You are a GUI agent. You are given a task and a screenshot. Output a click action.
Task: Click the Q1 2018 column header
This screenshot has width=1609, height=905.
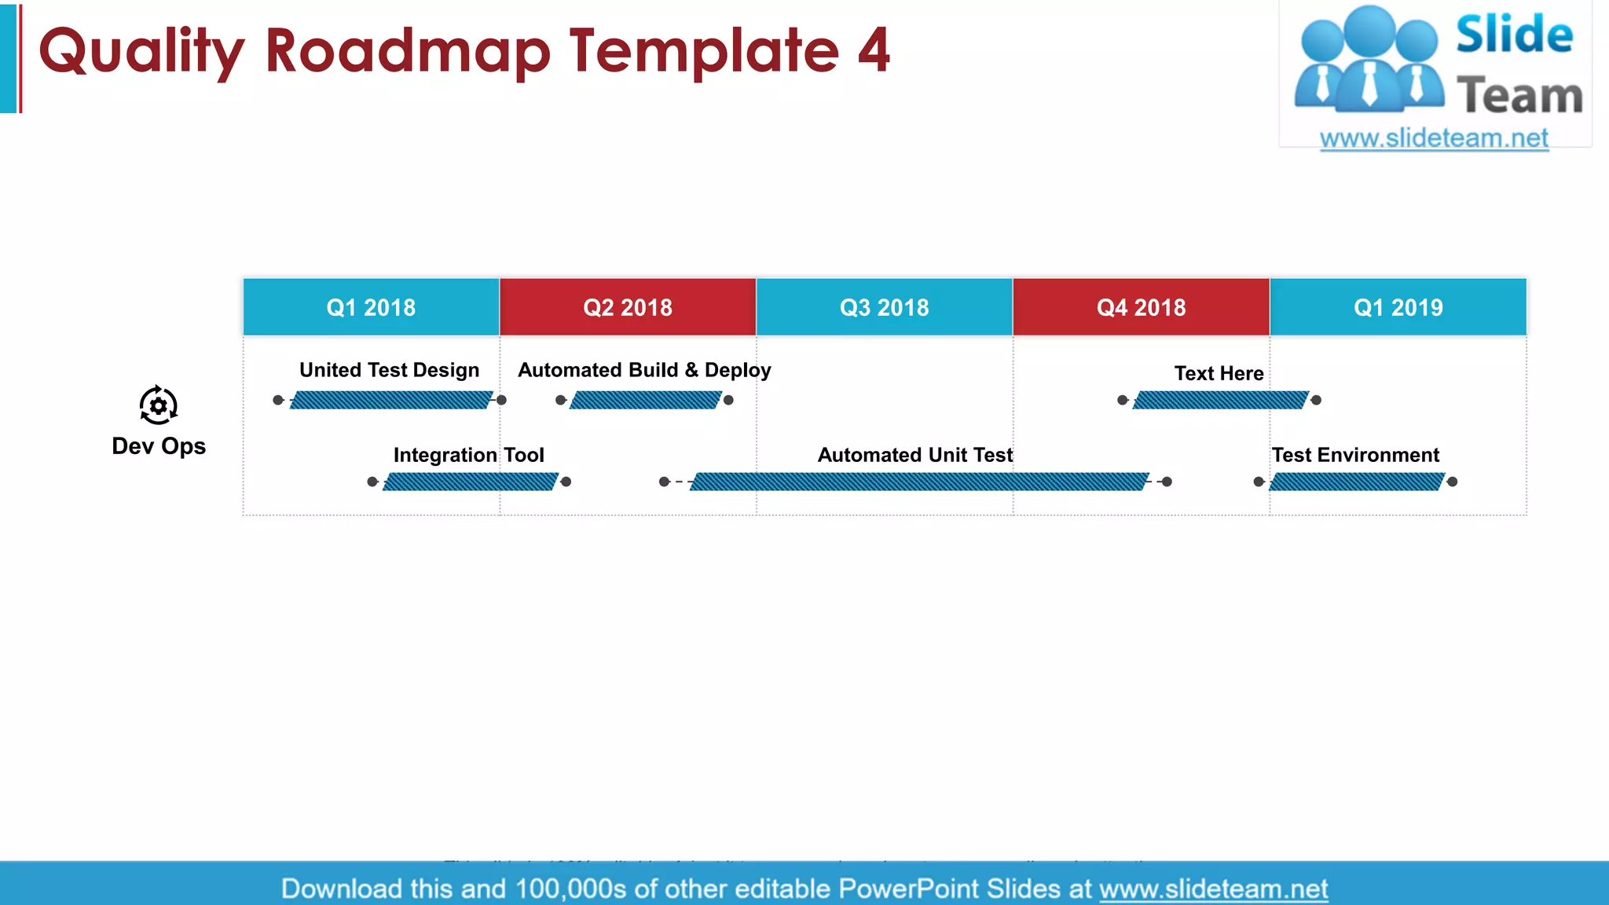371,307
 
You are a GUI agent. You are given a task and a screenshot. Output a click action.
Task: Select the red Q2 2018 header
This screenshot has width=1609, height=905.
628,307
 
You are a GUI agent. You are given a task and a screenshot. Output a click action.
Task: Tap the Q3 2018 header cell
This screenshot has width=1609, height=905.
884,307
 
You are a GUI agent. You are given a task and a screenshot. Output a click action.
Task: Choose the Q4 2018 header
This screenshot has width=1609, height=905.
1141,307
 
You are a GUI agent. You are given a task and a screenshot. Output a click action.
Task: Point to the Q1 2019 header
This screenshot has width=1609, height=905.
1398,307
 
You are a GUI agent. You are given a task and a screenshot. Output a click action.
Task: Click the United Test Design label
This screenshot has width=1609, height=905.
389,370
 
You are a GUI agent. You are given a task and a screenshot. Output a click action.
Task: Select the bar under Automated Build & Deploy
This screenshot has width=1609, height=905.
645,401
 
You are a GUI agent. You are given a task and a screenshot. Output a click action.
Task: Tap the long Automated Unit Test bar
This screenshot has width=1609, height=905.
919,482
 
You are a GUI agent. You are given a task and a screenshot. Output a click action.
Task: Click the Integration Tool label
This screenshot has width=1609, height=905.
468,455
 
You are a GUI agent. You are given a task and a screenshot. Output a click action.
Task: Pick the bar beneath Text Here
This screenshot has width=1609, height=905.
1220,401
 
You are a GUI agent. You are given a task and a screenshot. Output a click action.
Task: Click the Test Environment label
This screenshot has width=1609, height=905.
1355,455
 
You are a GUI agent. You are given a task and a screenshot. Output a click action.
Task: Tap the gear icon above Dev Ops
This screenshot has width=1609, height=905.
159,405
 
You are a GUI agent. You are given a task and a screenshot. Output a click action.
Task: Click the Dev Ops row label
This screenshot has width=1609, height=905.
159,446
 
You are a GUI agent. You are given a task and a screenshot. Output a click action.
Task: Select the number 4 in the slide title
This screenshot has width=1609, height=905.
874,51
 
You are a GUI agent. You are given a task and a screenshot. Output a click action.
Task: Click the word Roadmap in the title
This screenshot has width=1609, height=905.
408,51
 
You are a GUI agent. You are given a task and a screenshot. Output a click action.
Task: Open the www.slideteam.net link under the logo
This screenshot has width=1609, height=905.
1434,138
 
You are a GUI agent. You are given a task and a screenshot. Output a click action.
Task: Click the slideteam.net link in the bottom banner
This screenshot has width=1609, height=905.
1213,889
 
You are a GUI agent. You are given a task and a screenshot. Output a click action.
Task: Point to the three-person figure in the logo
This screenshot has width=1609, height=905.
1369,59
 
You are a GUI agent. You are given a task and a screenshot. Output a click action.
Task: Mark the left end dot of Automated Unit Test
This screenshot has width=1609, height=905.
664,482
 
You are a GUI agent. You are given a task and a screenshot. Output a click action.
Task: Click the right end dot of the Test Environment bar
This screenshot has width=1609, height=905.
1452,482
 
